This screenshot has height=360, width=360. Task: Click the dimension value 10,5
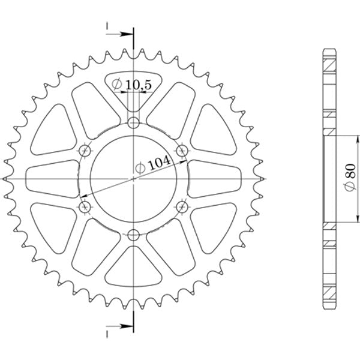point(138,86)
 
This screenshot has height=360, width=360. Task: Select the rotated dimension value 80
point(347,172)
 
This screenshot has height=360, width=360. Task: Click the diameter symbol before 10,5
point(118,86)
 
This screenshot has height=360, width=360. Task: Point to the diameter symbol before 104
point(140,170)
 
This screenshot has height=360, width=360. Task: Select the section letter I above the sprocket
point(107,28)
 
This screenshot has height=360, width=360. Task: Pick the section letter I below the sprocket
point(107,332)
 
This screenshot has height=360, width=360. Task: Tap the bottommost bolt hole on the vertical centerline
point(133,234)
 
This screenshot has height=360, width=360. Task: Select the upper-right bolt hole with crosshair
point(181,149)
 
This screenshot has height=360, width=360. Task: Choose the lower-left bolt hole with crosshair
point(85,207)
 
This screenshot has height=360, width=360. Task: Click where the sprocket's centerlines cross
point(133,179)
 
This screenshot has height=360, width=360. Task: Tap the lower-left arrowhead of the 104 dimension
point(84,196)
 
